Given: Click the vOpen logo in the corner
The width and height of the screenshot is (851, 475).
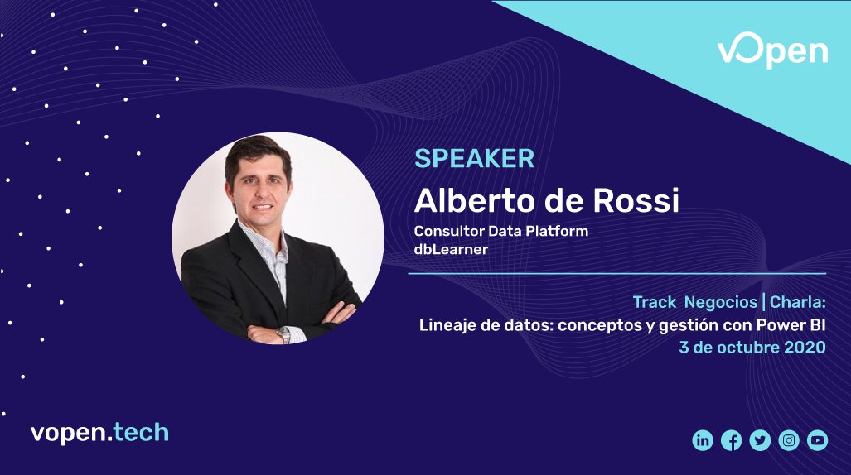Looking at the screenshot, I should [x=771, y=52].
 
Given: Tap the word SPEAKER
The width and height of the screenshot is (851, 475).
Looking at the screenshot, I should [x=474, y=158].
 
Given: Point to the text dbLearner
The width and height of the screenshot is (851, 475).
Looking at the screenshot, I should [x=451, y=247].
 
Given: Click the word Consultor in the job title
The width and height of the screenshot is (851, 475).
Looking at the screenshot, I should [x=447, y=231].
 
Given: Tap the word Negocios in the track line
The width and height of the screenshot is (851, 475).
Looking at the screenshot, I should [x=720, y=302].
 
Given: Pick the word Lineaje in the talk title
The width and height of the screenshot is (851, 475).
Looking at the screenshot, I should [x=447, y=324].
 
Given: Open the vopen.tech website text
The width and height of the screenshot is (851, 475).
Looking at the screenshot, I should [x=99, y=432].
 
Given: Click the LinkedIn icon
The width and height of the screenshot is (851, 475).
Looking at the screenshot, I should [x=703, y=440].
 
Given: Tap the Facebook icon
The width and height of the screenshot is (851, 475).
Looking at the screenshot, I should [x=732, y=440].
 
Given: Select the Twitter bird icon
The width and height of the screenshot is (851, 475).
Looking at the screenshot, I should [x=760, y=440].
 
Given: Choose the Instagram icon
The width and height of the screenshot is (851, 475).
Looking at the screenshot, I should [x=789, y=440].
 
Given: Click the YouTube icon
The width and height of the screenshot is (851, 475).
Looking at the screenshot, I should [x=817, y=440].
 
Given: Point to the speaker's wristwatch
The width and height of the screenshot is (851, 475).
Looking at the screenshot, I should [x=284, y=333].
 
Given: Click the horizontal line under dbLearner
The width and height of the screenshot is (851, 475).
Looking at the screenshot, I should [x=617, y=273].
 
